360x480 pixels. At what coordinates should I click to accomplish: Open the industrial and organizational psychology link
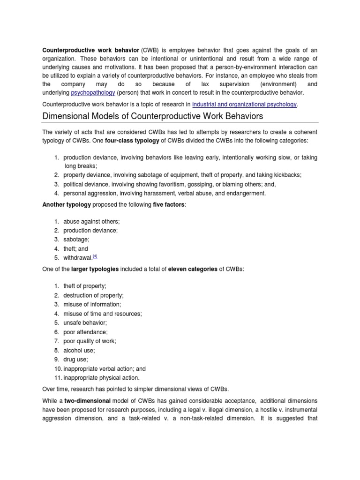pyautogui.click(x=245, y=105)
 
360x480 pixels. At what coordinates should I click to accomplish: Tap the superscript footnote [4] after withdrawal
pyautogui.click(x=95, y=256)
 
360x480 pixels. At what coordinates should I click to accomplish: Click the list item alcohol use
pyautogui.click(x=79, y=350)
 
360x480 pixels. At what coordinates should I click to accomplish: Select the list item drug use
pyautogui.click(x=76, y=359)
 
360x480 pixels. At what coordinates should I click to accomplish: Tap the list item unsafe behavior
pyautogui.click(x=85, y=322)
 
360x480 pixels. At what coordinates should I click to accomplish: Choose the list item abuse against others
pyautogui.click(x=88, y=221)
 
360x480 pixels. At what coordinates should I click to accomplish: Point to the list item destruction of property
pyautogui.click(x=94, y=295)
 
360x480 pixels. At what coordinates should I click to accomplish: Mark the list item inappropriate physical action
pyautogui.click(x=102, y=377)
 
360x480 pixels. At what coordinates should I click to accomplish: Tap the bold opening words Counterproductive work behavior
pyautogui.click(x=91, y=50)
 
